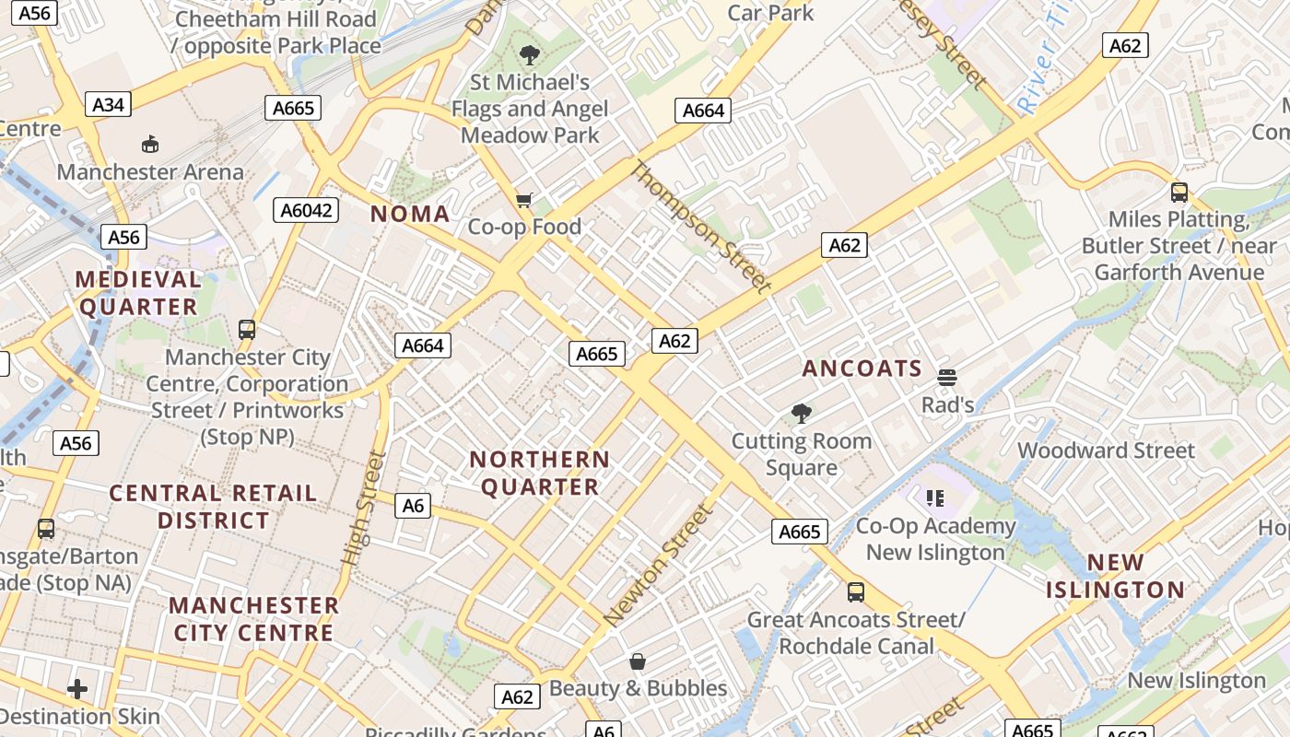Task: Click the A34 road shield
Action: [x=108, y=104]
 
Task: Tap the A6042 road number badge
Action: [x=306, y=210]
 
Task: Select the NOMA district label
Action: [x=410, y=215]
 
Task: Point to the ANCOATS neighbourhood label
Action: [x=862, y=368]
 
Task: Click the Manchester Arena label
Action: [x=150, y=171]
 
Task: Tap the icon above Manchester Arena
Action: [x=150, y=144]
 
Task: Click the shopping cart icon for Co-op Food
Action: [x=524, y=200]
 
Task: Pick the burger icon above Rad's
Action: [x=947, y=378]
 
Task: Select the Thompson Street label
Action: [x=700, y=227]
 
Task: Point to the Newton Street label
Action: [x=659, y=566]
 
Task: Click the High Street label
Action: [x=362, y=508]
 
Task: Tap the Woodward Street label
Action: [x=1106, y=450]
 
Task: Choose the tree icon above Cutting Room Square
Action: [x=802, y=414]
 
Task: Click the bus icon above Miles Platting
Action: [x=1179, y=193]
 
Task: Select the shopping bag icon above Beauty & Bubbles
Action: [x=637, y=661]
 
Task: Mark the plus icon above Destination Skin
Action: [x=77, y=688]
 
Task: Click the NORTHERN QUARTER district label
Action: [x=540, y=473]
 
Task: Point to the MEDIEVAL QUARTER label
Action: [x=138, y=292]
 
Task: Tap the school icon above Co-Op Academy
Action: [x=935, y=498]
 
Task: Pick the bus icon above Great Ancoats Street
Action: [x=856, y=592]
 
